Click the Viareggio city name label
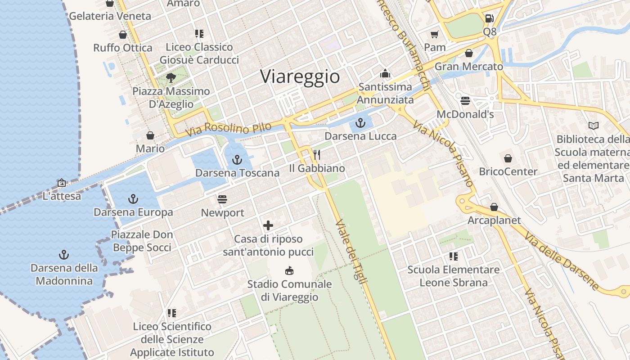click(300, 76)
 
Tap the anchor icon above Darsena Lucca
click(360, 122)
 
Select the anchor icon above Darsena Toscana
click(237, 159)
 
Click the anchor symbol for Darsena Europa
click(133, 198)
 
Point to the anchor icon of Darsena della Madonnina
click(64, 255)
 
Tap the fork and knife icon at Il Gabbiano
click(317, 155)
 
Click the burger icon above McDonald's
click(465, 100)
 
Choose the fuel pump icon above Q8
click(489, 18)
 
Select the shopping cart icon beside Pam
click(434, 34)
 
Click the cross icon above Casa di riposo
click(268, 225)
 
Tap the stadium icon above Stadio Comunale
click(289, 271)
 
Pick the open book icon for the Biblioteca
click(594, 126)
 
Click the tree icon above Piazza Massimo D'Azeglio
click(171, 78)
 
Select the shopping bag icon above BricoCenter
click(508, 158)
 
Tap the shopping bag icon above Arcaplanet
click(494, 207)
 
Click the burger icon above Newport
click(222, 199)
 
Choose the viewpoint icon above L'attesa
click(62, 183)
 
